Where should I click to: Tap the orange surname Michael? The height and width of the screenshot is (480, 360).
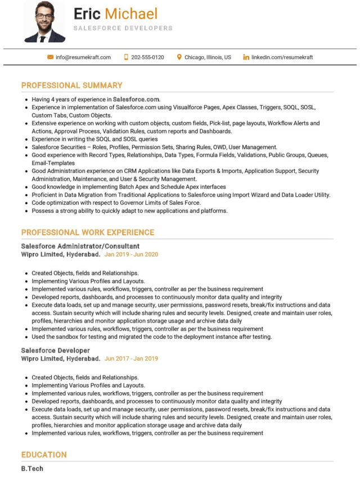pyautogui.click(x=131, y=14)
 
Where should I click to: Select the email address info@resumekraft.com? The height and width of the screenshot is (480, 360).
pyautogui.click(x=83, y=57)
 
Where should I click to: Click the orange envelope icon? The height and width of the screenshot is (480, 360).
pyautogui.click(x=51, y=57)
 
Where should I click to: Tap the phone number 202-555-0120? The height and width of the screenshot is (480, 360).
pyautogui.click(x=147, y=57)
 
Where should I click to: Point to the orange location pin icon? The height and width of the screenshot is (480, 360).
pyautogui.click(x=179, y=57)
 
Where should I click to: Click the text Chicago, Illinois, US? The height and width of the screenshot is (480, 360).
pyautogui.click(x=208, y=57)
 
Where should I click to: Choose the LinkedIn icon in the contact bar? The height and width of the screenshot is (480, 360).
pyautogui.click(x=246, y=57)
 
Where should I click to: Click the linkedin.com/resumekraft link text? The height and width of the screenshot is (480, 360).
pyautogui.click(x=282, y=57)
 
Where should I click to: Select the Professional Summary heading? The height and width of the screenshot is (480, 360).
pyautogui.click(x=71, y=86)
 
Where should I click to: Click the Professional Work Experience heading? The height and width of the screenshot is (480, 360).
pyautogui.click(x=87, y=232)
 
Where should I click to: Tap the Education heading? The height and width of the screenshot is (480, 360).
pyautogui.click(x=44, y=455)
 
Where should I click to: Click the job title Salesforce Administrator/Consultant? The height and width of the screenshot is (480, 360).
pyautogui.click(x=80, y=246)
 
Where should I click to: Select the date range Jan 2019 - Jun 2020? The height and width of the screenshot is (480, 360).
pyautogui.click(x=131, y=254)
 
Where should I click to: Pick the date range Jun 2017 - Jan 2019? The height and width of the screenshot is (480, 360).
pyautogui.click(x=131, y=358)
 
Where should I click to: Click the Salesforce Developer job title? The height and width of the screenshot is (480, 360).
pyautogui.click(x=55, y=350)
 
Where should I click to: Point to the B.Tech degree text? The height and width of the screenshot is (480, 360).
pyautogui.click(x=32, y=469)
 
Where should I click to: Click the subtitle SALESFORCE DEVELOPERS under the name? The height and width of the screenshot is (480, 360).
pyautogui.click(x=123, y=28)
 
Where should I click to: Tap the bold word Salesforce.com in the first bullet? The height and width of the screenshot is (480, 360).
pyautogui.click(x=136, y=99)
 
